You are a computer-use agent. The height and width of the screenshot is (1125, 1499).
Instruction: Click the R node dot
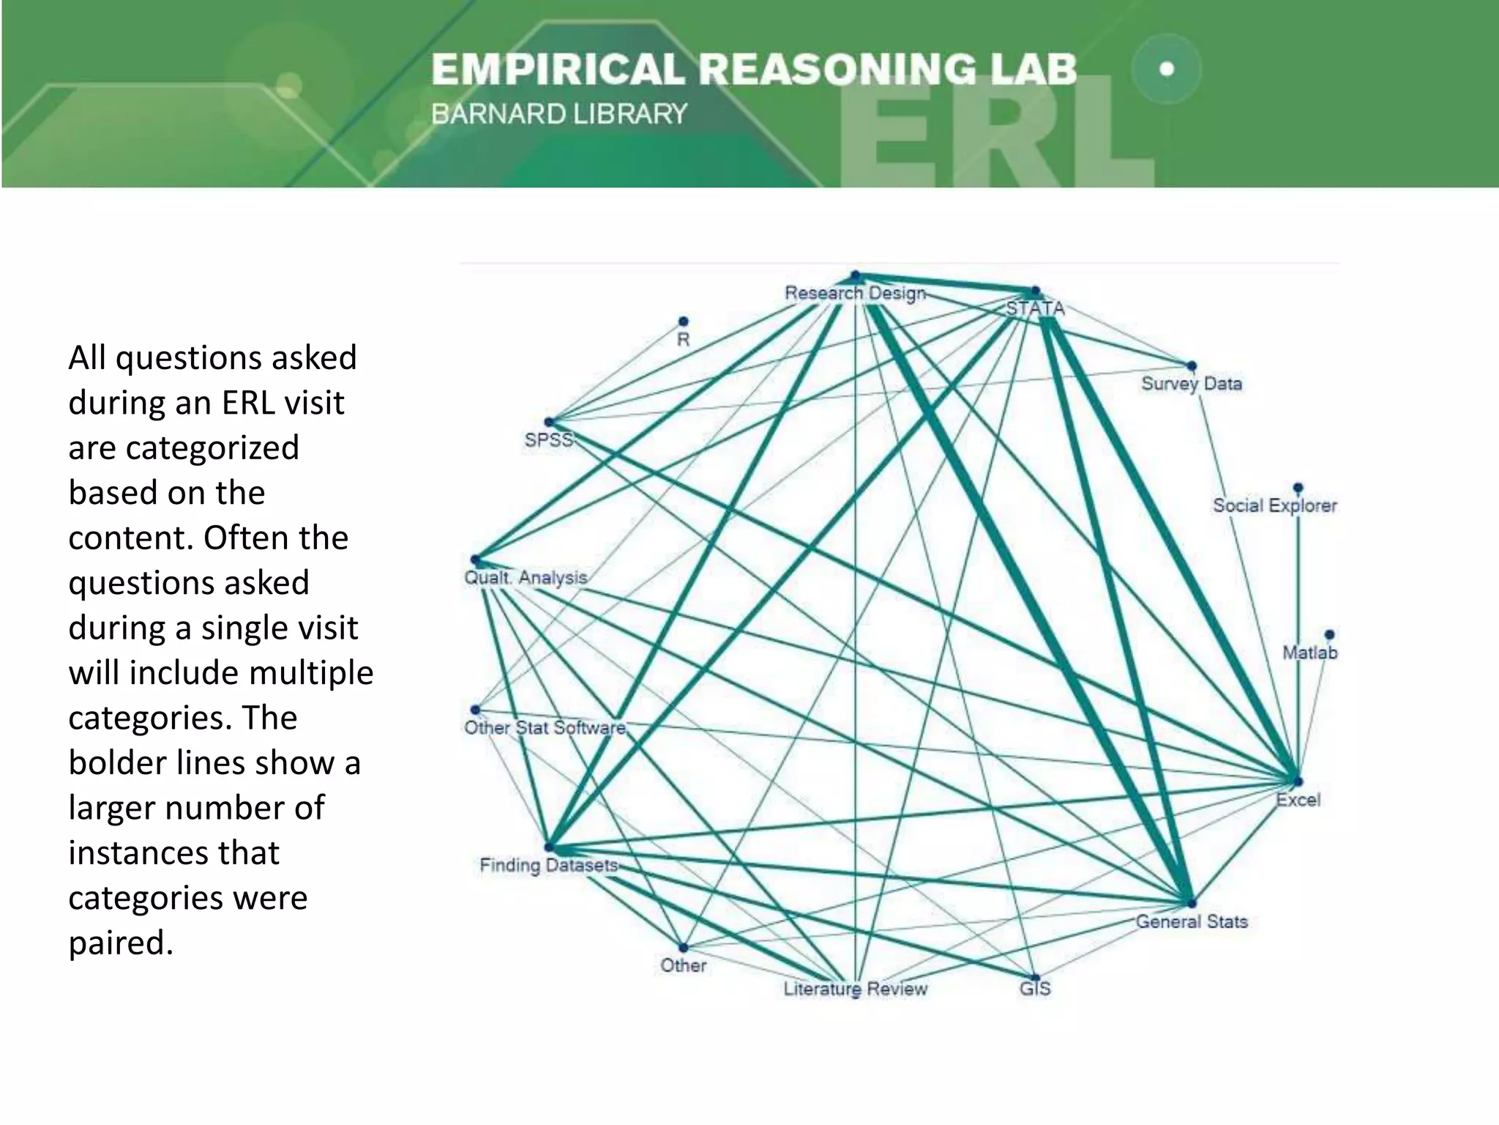tap(683, 322)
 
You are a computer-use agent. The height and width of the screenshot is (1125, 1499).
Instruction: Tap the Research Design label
tap(855, 293)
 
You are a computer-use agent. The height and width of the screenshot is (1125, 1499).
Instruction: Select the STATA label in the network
tap(1035, 308)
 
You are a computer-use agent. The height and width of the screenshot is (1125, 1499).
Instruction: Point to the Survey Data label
tap(1191, 383)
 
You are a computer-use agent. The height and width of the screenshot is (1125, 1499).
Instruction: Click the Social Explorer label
tap(1274, 505)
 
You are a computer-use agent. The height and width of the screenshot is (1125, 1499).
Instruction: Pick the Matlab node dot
tap(1329, 634)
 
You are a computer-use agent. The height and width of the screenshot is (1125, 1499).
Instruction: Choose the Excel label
tap(1298, 800)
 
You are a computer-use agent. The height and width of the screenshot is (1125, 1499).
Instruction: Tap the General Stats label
tap(1191, 921)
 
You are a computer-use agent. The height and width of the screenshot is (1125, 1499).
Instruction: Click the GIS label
tap(1035, 989)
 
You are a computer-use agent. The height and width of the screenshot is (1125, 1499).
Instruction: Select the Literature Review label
tap(855, 989)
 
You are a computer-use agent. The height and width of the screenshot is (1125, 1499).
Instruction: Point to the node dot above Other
tap(683, 948)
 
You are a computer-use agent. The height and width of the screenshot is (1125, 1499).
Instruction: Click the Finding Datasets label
tap(548, 865)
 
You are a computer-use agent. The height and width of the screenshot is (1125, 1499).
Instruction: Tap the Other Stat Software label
tap(545, 727)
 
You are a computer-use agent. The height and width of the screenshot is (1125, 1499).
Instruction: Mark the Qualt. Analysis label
tap(526, 577)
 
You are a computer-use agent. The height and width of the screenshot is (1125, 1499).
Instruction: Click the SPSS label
tap(548, 440)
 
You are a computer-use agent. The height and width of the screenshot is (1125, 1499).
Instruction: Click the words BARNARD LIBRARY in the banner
tap(559, 114)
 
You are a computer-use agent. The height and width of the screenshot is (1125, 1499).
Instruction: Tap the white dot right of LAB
tap(1167, 69)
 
